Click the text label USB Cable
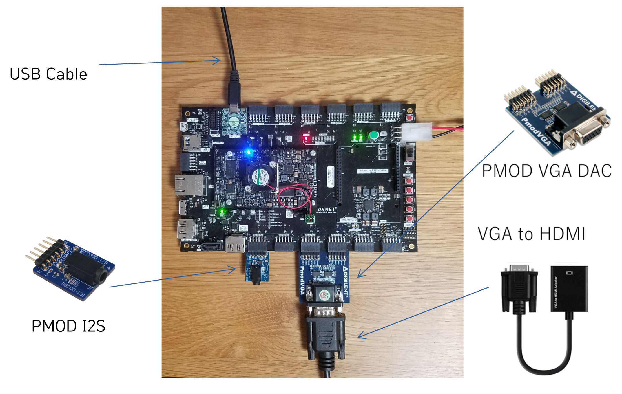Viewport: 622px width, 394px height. pos(48,74)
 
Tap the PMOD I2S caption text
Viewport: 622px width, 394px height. pos(68,326)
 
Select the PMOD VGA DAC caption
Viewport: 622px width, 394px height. pos(547,171)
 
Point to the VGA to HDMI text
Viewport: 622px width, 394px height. pos(531,234)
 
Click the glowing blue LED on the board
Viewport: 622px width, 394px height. pos(248,152)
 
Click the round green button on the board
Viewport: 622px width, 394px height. pos(374,135)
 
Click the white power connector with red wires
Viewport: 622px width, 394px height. pos(417,132)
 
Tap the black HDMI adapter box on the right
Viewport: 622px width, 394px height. pos(569,289)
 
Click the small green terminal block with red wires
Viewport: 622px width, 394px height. pos(309,218)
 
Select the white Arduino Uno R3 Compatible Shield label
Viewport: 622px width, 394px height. pos(373,171)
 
